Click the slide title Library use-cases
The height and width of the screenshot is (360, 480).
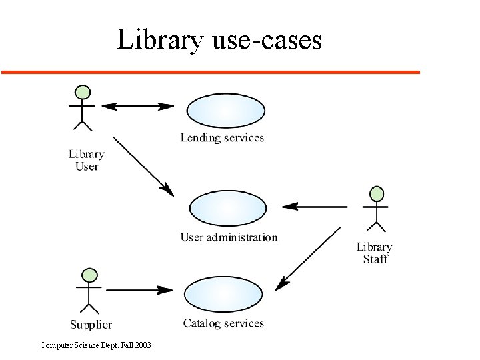(x=219, y=39)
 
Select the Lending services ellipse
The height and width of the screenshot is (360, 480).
(x=226, y=110)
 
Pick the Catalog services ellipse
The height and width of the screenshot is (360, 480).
(x=223, y=294)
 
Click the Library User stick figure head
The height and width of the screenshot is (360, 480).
(x=83, y=93)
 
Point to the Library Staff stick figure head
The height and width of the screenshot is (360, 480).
(x=377, y=194)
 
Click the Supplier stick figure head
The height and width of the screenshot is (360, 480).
(x=89, y=275)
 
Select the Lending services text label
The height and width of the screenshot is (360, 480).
(x=222, y=138)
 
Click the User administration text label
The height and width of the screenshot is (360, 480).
(x=229, y=237)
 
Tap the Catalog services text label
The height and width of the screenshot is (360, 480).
(x=223, y=323)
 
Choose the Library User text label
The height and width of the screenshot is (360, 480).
(x=87, y=160)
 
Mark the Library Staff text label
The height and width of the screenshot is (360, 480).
(x=375, y=253)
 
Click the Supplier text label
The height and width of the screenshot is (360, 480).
(x=91, y=325)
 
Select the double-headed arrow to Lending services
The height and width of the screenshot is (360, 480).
(x=137, y=106)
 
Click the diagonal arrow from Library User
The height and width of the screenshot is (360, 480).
(x=143, y=166)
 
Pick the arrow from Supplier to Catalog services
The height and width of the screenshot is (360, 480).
(x=139, y=290)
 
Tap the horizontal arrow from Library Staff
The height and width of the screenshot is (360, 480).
(x=314, y=207)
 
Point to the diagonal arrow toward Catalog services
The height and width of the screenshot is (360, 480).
(x=309, y=257)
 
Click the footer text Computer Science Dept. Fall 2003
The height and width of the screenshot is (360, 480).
(x=95, y=345)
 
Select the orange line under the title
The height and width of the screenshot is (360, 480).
(x=210, y=71)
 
